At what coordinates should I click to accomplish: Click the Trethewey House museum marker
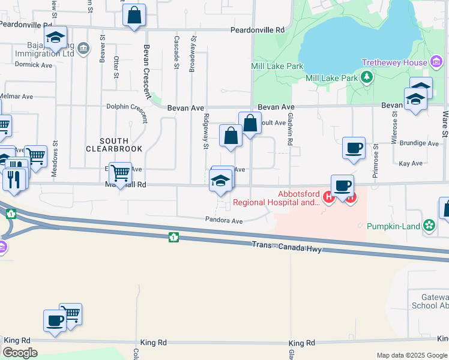(x=436, y=62)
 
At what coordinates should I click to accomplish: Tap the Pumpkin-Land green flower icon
(x=429, y=226)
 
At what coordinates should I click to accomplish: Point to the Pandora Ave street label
(x=224, y=221)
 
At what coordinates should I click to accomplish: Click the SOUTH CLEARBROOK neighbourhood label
(x=114, y=144)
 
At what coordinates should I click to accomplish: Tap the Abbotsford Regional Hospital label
(x=276, y=198)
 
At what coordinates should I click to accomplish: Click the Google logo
(x=20, y=353)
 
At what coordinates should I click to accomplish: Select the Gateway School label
(x=428, y=300)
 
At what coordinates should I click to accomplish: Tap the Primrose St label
(x=375, y=154)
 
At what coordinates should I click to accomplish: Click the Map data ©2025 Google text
(x=411, y=355)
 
